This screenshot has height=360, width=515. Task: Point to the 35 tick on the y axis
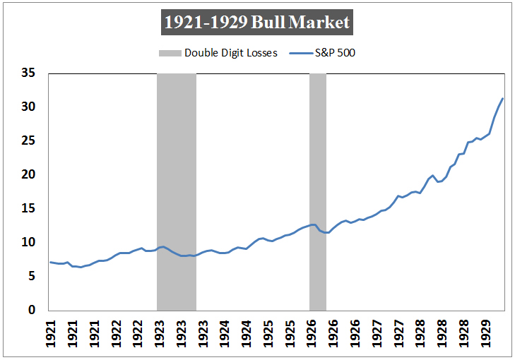tap(28, 73)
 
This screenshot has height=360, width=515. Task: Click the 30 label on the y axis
tap(28, 107)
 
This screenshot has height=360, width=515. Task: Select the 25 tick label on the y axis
tap(28, 140)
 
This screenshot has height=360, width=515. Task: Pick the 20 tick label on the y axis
tap(28, 174)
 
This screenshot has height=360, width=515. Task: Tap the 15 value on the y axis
tap(28, 208)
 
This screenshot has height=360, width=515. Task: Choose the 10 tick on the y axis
tap(28, 242)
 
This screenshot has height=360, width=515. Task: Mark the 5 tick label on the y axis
tap(31, 276)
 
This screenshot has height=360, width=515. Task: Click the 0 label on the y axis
tap(31, 310)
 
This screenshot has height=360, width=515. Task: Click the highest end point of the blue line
tap(502, 98)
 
